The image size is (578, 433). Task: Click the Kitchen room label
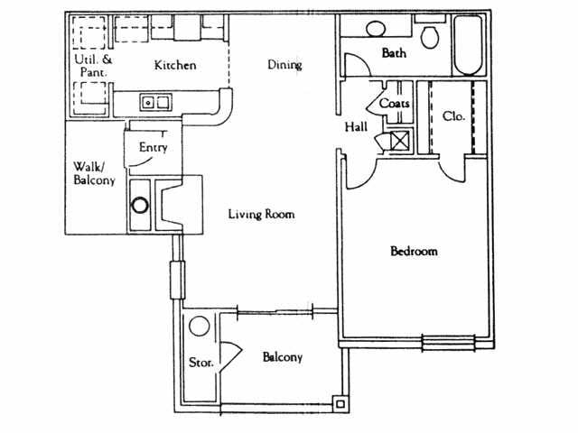[x=175, y=66]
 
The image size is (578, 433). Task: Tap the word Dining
[x=284, y=65]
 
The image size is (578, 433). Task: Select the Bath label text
[x=394, y=53]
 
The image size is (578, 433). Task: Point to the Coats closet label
[x=395, y=104]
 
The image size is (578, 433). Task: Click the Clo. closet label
[x=453, y=116]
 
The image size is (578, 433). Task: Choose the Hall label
[x=356, y=127]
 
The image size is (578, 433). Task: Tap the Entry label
[x=153, y=147]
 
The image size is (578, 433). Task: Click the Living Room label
[x=261, y=215]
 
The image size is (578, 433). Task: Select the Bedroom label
[x=414, y=251]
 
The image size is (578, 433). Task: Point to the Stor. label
[x=200, y=363]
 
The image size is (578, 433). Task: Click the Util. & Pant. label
[x=91, y=65]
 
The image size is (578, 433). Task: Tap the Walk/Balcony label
[x=94, y=173]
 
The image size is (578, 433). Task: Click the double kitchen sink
[x=154, y=103]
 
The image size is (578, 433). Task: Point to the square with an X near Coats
[x=399, y=142]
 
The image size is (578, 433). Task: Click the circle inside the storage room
[x=199, y=326]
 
